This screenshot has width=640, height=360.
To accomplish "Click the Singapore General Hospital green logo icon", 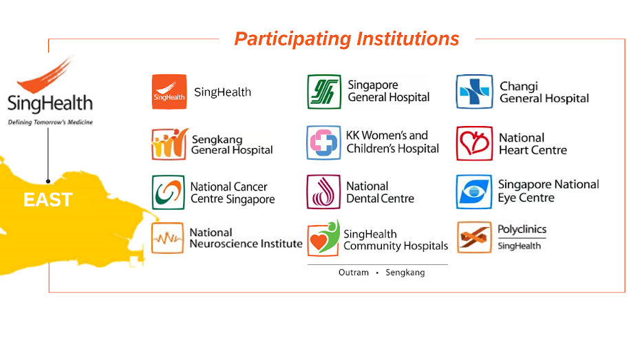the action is click(x=324, y=92).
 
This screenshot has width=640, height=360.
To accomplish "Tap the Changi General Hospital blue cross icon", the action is click(x=474, y=92).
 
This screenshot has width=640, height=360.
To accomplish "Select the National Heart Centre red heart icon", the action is click(x=474, y=143).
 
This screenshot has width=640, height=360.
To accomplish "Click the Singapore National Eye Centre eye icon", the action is click(x=474, y=192).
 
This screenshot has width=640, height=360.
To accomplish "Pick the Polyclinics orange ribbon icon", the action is click(x=474, y=237).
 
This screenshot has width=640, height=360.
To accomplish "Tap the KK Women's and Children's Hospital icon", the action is click(x=323, y=142).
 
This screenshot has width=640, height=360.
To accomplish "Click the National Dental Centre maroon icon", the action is click(x=323, y=192).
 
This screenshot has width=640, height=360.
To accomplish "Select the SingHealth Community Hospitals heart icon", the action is click(x=323, y=238).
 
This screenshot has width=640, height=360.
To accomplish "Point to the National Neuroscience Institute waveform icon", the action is click(x=167, y=238).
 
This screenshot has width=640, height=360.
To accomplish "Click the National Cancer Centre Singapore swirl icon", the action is click(x=168, y=192).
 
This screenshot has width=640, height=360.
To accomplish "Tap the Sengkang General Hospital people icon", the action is click(x=169, y=144).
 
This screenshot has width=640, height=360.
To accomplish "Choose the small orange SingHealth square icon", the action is click(x=169, y=92).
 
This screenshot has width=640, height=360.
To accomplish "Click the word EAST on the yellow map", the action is click(x=47, y=200).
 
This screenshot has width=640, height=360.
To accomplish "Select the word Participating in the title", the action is click(x=292, y=39).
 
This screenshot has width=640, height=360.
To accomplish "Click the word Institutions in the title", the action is click(x=408, y=39).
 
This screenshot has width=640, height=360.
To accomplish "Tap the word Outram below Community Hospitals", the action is click(x=354, y=273).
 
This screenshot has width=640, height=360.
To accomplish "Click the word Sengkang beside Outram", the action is click(x=405, y=273).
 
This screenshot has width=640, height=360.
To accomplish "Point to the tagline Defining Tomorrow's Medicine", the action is click(x=50, y=122).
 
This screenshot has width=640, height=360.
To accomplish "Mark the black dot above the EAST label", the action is click(x=48, y=181).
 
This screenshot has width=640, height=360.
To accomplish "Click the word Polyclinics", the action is click(x=522, y=229).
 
